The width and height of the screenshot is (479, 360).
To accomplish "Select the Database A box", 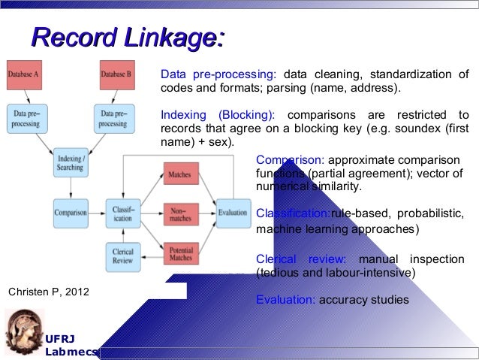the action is tap(24, 74).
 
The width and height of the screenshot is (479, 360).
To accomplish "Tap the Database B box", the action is tap(116, 74).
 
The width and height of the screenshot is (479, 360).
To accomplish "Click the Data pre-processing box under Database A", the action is tap(28, 118).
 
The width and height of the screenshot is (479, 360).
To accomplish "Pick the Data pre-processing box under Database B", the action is tap(113, 118).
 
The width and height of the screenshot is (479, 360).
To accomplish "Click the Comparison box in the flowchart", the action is tap(71, 212).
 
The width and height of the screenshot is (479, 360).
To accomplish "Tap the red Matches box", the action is tap(179, 174).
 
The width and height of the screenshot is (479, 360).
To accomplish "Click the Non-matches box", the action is tap(179, 213).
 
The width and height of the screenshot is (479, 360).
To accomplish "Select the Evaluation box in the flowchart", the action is tap(233, 213).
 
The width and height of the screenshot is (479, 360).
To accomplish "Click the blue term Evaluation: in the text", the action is tap(285, 299).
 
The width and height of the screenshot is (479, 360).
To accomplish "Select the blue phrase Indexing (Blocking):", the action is tap(218, 115).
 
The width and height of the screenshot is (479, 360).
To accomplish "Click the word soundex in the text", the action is tap(418, 129).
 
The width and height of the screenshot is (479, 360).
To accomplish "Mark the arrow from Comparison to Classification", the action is tap(97, 212).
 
